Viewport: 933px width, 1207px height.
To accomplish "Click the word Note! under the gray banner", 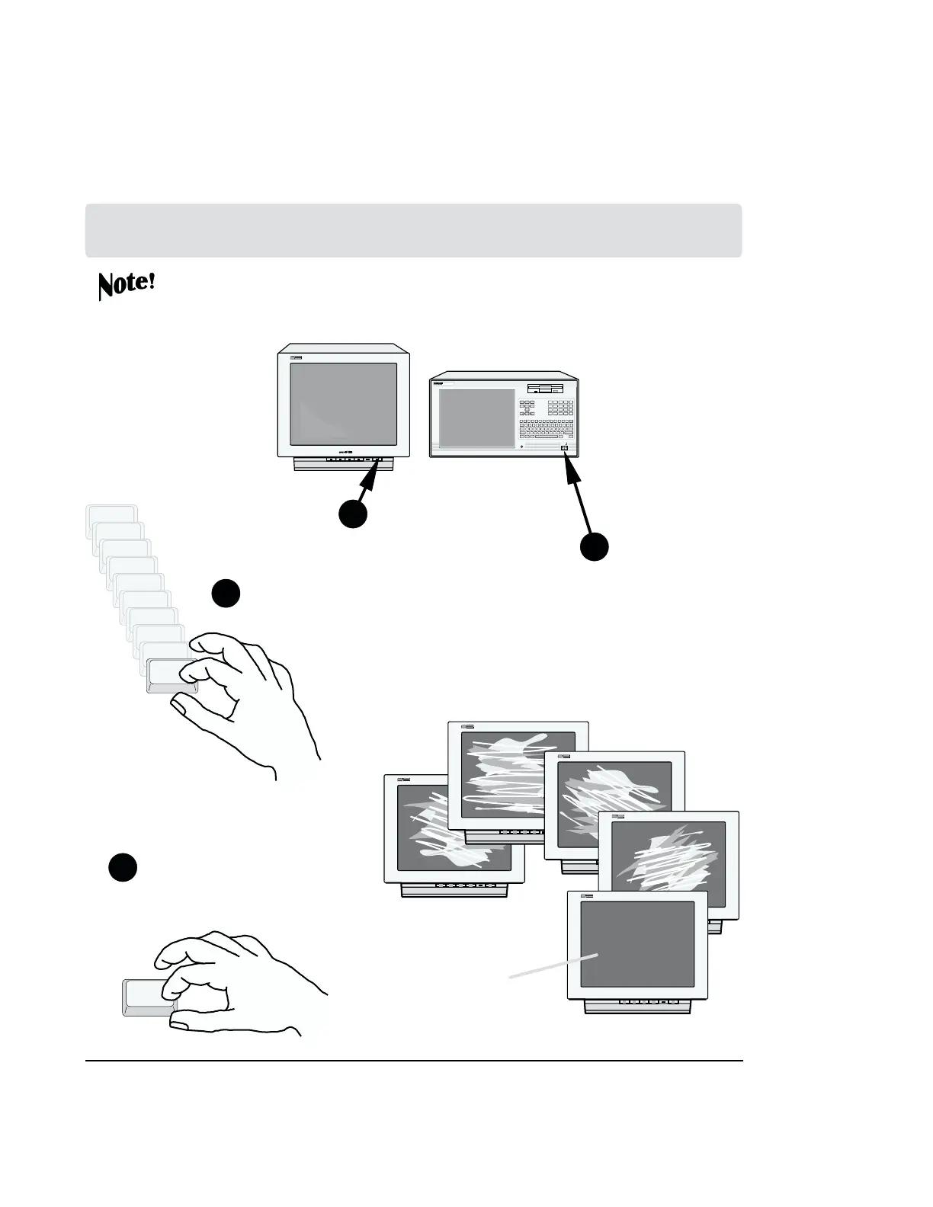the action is (x=127, y=285).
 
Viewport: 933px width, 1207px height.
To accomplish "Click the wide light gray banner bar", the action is (x=413, y=230).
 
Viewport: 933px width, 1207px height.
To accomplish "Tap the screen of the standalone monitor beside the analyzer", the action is (x=344, y=404).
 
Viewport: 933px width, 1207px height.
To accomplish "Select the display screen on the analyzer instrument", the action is (x=477, y=418).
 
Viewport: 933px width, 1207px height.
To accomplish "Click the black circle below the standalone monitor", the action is (x=352, y=514).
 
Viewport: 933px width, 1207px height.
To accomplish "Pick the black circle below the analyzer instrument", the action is (x=595, y=547).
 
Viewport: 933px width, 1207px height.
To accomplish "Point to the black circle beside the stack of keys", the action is (x=226, y=594).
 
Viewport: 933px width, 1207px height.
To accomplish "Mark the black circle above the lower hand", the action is (x=122, y=868).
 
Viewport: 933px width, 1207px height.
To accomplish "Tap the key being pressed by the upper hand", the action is (x=171, y=676).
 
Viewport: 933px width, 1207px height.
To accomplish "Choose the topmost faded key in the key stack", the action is (x=112, y=515).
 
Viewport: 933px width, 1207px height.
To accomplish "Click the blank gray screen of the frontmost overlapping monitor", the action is (x=637, y=944).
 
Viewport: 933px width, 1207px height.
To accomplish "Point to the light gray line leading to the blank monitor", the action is (x=553, y=965).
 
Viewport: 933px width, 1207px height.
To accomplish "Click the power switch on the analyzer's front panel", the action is (x=565, y=450).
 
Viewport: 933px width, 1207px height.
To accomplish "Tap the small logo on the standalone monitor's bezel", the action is (x=297, y=357).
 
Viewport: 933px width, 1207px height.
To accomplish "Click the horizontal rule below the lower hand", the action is (x=414, y=1060).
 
